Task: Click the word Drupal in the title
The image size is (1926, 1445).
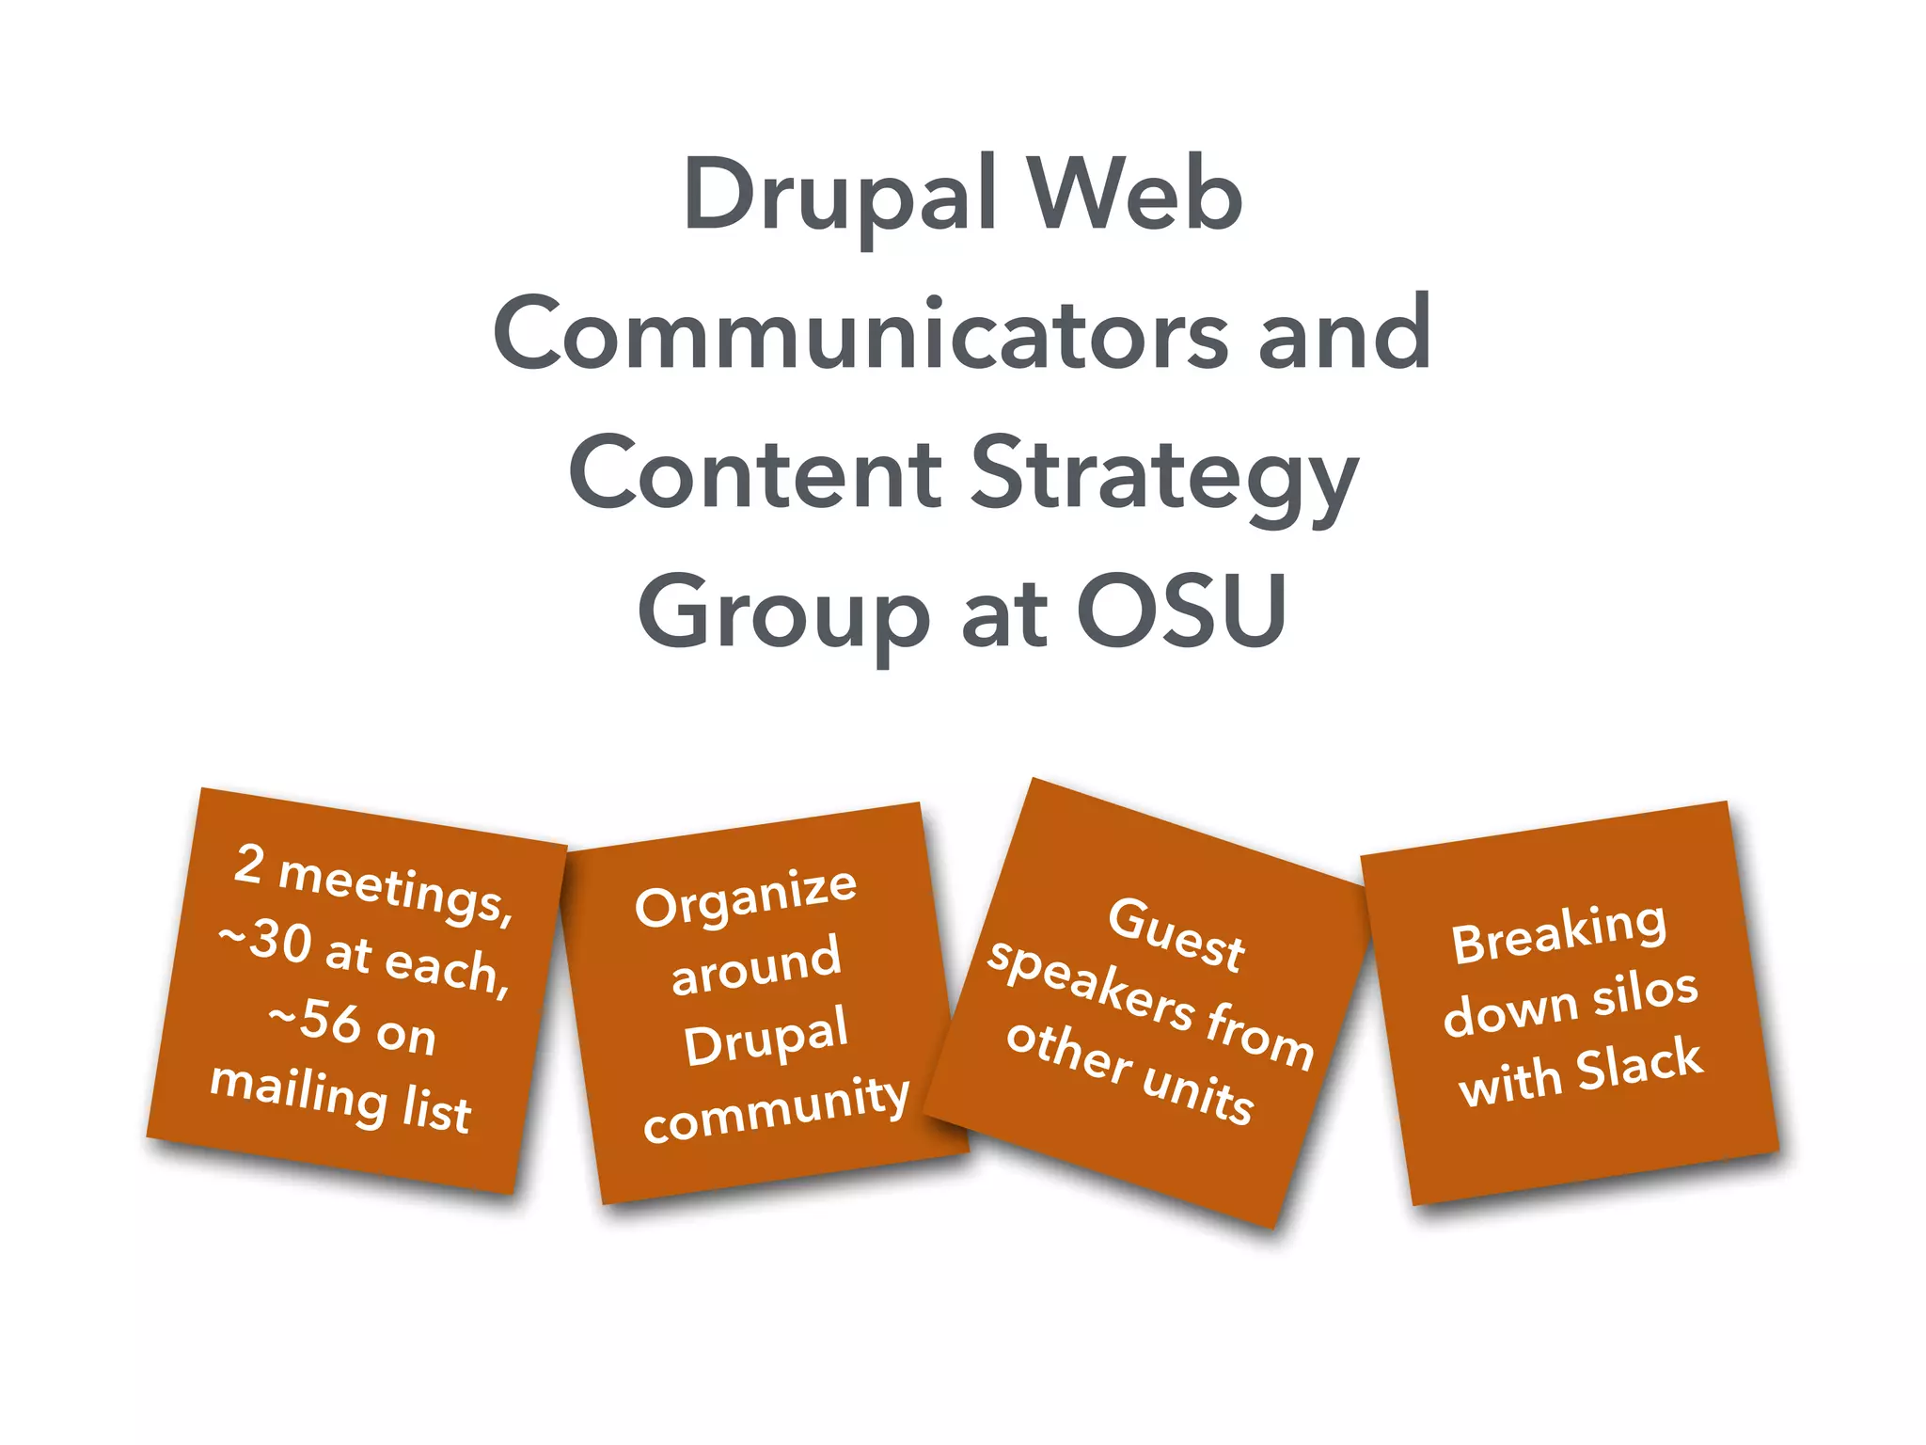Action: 839,194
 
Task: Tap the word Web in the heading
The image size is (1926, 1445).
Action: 1134,194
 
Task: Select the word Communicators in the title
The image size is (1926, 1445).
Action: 860,334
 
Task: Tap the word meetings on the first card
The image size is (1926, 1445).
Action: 396,889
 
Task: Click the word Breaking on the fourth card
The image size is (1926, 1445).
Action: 1558,931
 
